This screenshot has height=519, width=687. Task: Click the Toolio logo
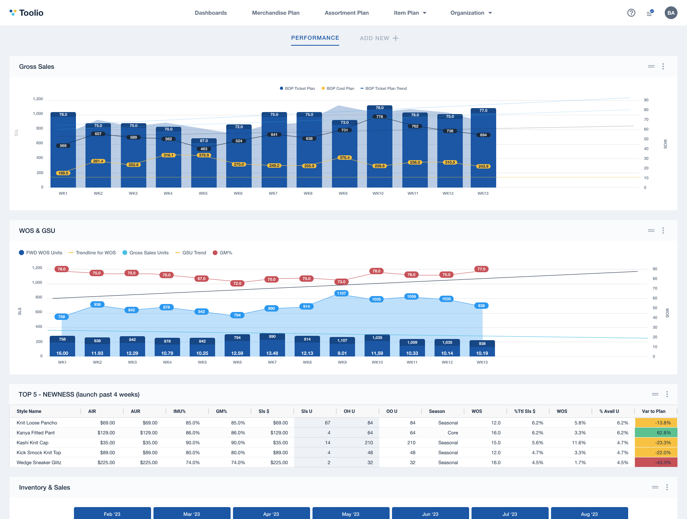[x=26, y=13]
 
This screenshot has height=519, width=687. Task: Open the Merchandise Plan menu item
[x=276, y=13]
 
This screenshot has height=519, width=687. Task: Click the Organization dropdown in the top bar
[x=471, y=13]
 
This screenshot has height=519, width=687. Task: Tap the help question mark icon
[x=631, y=13]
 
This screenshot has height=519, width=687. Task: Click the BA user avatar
[x=671, y=13]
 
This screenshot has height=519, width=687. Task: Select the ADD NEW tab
[x=379, y=38]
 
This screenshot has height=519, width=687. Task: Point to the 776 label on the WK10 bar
[x=380, y=117]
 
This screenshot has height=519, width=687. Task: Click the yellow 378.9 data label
[x=204, y=155]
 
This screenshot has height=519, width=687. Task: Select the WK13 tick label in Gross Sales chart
[x=483, y=194]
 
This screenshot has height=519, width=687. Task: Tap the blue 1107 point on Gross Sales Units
[x=342, y=293]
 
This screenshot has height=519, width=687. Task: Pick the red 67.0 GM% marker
[x=202, y=279]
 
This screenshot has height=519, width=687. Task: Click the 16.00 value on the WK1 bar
[x=62, y=353]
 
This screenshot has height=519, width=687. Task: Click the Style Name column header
[x=29, y=411]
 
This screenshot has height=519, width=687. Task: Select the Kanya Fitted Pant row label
[x=36, y=433]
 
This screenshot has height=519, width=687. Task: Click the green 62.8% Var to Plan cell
[x=656, y=433]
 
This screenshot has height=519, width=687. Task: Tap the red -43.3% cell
[x=656, y=463]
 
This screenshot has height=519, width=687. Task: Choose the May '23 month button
[x=351, y=514]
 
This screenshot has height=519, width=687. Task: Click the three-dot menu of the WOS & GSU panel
[x=663, y=230]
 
